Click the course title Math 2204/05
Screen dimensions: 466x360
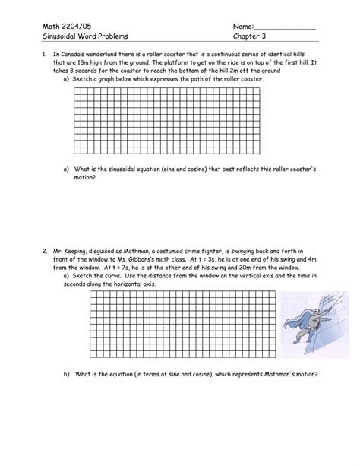click(59, 26)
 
